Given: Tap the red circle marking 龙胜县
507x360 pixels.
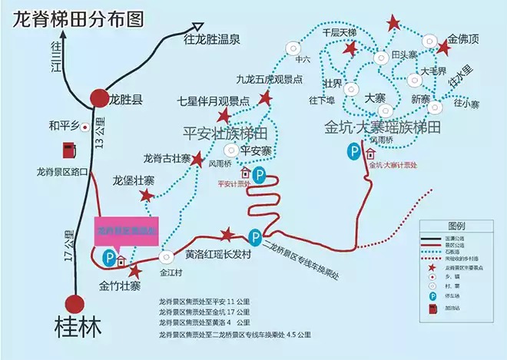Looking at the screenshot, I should [99, 97].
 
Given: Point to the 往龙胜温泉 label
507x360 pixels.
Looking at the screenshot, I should [214, 38].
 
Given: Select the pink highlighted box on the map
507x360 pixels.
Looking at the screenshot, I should [126, 231].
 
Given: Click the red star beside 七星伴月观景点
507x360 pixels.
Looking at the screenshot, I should [224, 116].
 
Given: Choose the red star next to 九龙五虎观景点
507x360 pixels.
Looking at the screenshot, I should [266, 97].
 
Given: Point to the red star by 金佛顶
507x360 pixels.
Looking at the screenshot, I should [443, 48].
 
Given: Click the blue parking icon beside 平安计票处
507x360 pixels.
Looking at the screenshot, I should [260, 176].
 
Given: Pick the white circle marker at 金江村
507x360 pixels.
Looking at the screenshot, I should [166, 256].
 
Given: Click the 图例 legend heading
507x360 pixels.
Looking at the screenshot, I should [456, 226].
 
